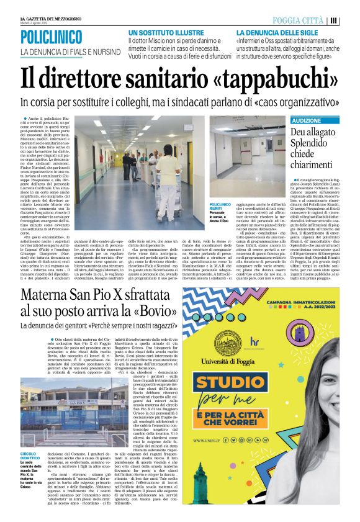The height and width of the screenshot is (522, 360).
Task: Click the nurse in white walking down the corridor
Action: pos(168,166)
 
